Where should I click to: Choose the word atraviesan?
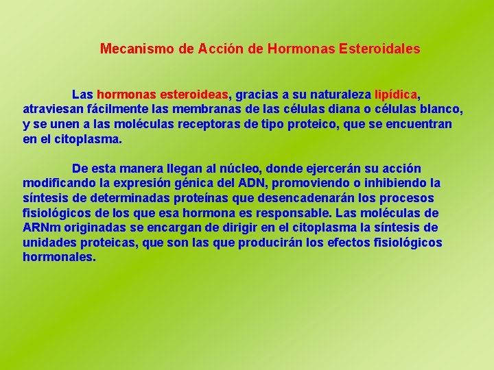point(53,109)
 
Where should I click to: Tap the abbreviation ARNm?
point(40,227)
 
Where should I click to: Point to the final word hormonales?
point(58,258)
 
